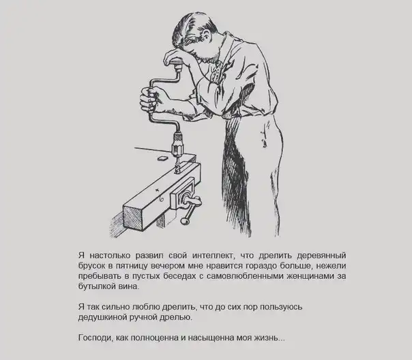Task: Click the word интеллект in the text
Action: click(212, 255)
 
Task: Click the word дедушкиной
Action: click(102, 317)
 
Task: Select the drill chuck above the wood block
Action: click(177, 145)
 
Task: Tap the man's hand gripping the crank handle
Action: click(149, 100)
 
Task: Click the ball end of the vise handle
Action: click(185, 221)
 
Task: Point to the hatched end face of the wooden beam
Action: click(133, 217)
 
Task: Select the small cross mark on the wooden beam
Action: click(158, 190)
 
